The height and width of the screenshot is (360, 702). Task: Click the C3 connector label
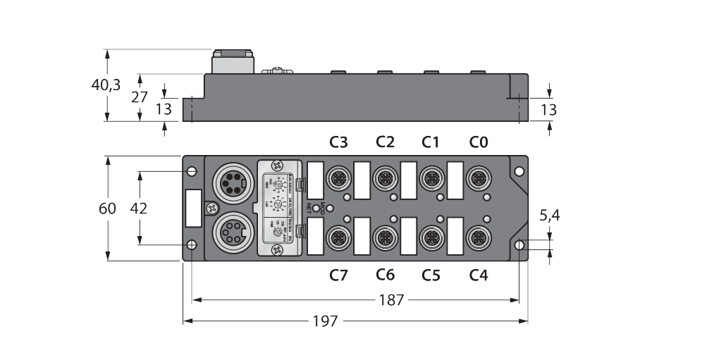coord(339,142)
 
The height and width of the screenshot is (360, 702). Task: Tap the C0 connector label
coord(479,142)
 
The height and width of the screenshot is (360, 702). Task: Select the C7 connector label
coord(339,275)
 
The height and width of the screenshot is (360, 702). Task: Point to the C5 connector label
coord(431,275)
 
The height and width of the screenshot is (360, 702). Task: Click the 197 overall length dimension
coord(326,321)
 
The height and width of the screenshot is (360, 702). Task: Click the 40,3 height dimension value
coord(106,85)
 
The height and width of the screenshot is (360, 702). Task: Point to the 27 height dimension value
coord(140,97)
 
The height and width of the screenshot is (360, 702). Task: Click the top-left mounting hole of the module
coord(191,170)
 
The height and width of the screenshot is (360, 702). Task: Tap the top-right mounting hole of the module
coord(519,171)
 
